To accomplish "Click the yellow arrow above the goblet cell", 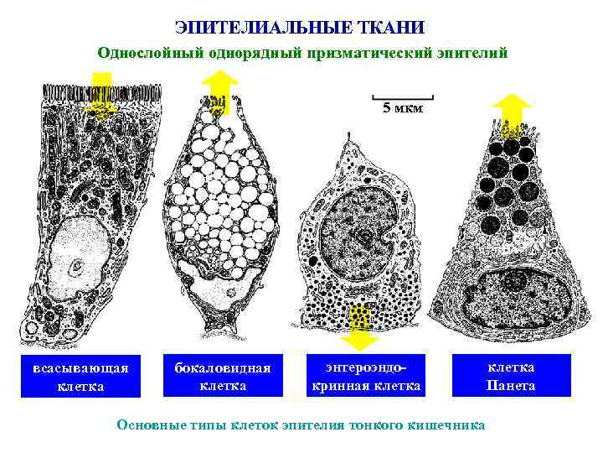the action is [x=221, y=91].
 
